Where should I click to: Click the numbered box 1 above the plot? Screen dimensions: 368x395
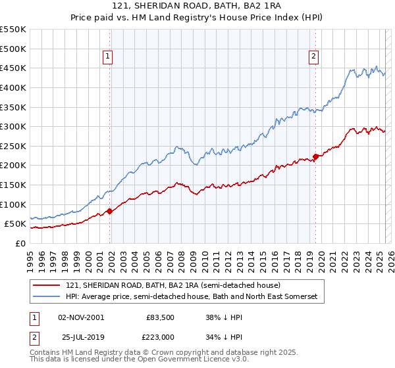[x=107, y=57]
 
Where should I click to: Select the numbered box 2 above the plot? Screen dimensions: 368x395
[x=314, y=57]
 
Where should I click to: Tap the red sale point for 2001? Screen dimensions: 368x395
[x=110, y=211]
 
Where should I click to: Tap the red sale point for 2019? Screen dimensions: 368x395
[x=316, y=156]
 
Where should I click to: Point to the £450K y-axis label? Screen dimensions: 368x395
[x=13, y=68]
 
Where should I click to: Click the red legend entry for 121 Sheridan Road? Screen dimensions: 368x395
[x=173, y=285]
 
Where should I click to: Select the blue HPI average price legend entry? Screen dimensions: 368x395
[x=192, y=297]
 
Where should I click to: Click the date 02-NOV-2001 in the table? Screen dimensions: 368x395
[x=81, y=317]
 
